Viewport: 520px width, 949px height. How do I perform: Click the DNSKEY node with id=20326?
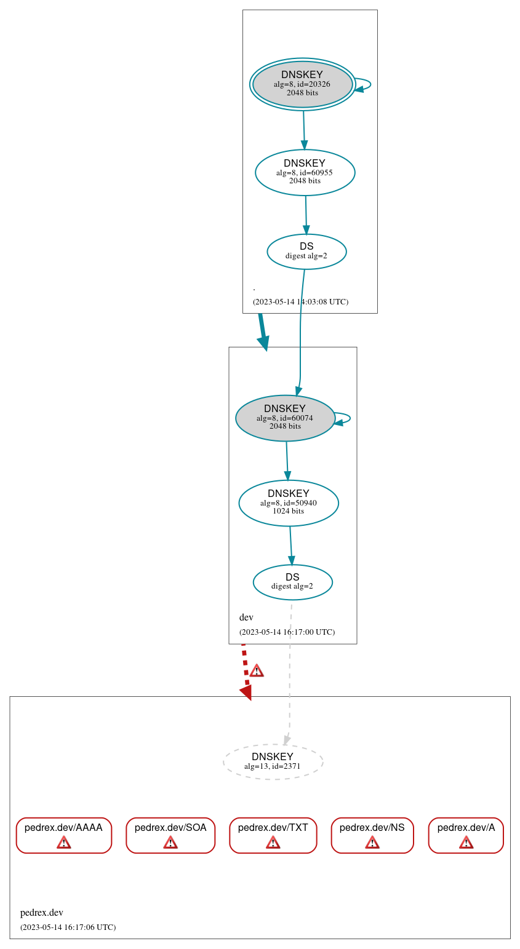click(302, 84)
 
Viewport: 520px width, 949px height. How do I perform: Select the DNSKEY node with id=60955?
click(305, 172)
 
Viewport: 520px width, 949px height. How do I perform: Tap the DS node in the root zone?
click(306, 251)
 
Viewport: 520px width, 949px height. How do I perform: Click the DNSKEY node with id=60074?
click(285, 418)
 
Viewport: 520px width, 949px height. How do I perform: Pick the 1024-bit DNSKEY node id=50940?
click(288, 502)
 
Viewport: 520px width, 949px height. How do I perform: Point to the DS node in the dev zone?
click(292, 582)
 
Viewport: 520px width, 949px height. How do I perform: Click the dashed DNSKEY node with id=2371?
click(273, 761)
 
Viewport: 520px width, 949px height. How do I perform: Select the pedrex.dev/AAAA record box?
click(63, 835)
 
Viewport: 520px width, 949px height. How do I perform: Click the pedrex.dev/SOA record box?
click(170, 835)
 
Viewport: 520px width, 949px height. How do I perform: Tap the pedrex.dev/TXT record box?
click(273, 835)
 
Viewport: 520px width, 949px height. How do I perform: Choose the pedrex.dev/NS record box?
click(372, 835)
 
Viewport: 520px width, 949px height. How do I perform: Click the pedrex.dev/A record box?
click(466, 835)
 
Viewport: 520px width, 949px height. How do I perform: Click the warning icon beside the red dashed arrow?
click(257, 670)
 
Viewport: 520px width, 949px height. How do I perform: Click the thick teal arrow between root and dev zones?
click(263, 331)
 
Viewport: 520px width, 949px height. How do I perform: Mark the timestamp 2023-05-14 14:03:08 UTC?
click(300, 301)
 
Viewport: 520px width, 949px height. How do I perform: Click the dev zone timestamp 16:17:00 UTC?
click(287, 632)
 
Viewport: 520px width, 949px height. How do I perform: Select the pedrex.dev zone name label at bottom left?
click(42, 912)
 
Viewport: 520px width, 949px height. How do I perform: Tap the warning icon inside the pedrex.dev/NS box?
click(372, 842)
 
